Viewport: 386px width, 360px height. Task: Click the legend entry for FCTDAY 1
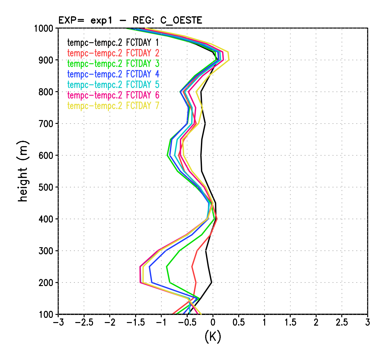(x=113, y=42)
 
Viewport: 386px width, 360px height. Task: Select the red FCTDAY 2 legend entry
(x=113, y=53)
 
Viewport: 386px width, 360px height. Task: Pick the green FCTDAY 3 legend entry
(x=113, y=64)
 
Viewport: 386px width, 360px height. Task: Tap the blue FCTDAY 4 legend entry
(x=113, y=74)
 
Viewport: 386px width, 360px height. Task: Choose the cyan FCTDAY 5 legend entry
(x=113, y=85)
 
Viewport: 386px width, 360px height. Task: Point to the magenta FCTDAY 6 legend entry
(x=113, y=95)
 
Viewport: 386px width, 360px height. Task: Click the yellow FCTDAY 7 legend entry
(x=113, y=106)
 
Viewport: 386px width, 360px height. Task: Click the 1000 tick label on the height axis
(x=43, y=29)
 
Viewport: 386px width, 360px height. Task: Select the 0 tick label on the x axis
(x=213, y=323)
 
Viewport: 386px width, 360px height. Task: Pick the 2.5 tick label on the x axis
(x=342, y=323)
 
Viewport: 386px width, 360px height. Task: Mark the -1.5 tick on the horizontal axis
(x=135, y=323)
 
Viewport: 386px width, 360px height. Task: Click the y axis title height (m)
(x=23, y=171)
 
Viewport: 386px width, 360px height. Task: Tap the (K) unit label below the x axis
(x=213, y=337)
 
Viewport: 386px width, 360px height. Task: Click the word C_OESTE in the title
(x=181, y=20)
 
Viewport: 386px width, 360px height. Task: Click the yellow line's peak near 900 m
(x=229, y=60)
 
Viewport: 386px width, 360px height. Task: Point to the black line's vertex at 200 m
(x=211, y=282)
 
